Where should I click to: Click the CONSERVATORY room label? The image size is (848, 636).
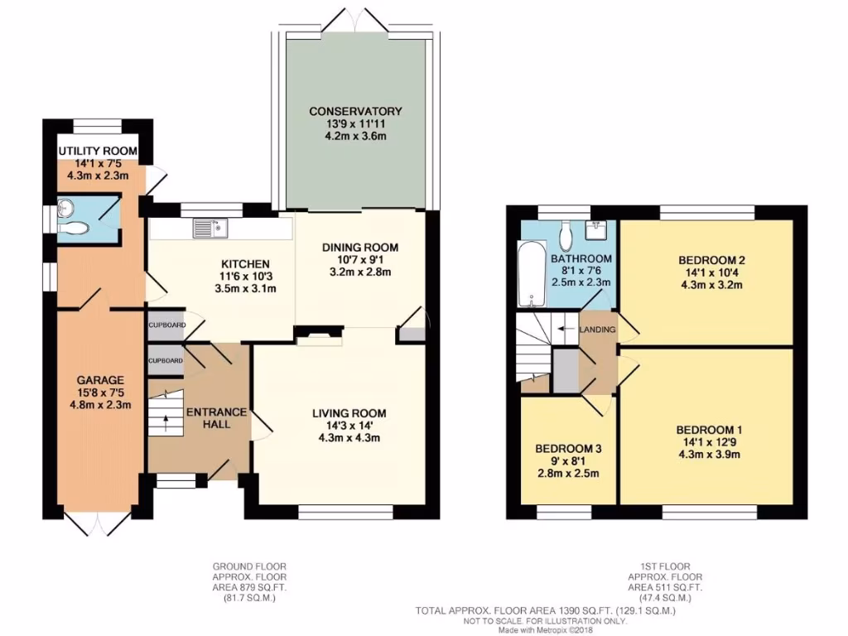[355, 111]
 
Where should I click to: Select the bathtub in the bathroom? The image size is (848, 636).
[528, 272]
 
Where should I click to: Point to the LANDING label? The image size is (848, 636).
[598, 330]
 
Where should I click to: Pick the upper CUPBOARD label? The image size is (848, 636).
[166, 325]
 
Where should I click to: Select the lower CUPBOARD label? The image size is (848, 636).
[166, 361]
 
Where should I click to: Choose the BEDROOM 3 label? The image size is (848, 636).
[568, 448]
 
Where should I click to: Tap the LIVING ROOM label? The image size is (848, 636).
[349, 413]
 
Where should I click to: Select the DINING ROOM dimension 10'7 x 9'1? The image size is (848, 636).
[359, 259]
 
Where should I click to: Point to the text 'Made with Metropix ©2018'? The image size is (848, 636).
[547, 630]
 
